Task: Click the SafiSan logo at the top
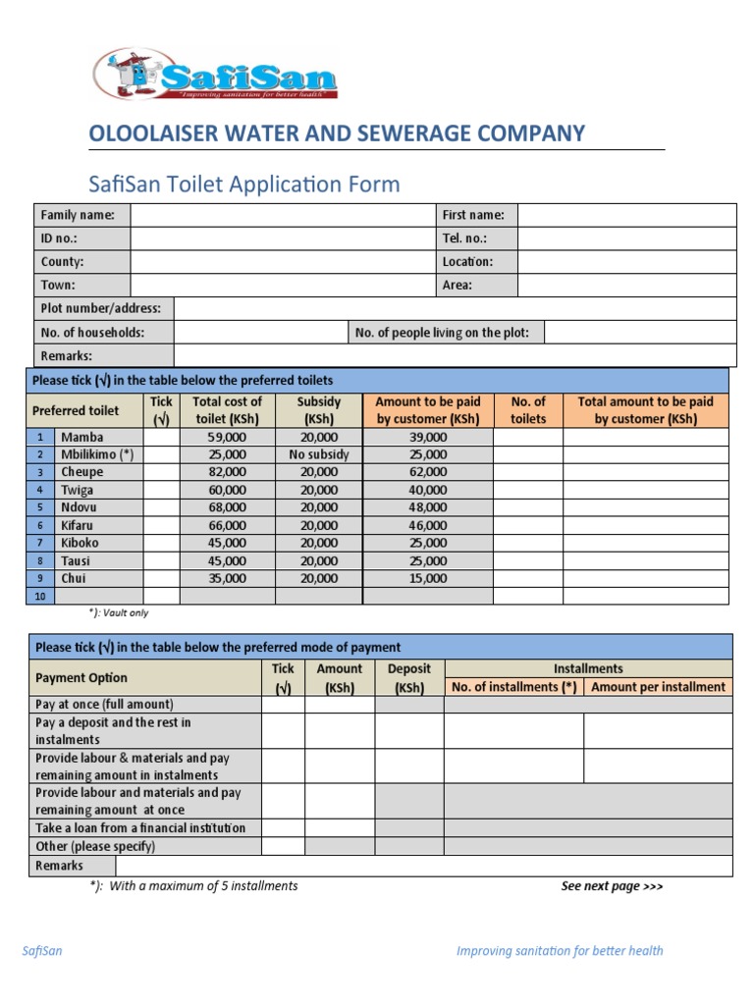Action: pos(215,75)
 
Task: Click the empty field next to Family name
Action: pos(282,215)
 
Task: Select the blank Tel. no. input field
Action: pos(626,238)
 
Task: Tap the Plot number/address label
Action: pos(98,309)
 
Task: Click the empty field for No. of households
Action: pos(260,333)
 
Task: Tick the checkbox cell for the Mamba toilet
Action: pos(161,437)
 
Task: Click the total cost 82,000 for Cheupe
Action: pos(227,472)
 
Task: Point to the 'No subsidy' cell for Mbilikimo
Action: pos(319,454)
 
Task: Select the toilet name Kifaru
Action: pos(79,525)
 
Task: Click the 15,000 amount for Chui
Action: pos(427,578)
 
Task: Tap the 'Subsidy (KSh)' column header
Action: pos(319,410)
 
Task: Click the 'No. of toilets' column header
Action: pos(528,410)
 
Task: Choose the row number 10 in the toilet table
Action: pos(40,597)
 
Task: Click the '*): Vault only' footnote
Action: pos(119,613)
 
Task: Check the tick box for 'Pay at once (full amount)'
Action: pos(283,705)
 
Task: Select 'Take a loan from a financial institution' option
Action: pos(140,828)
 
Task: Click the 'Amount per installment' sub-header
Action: pos(659,687)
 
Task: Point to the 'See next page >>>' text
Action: pos(612,886)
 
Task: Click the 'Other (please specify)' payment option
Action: pos(95,846)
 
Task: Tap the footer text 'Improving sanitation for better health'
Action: pos(560,950)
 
